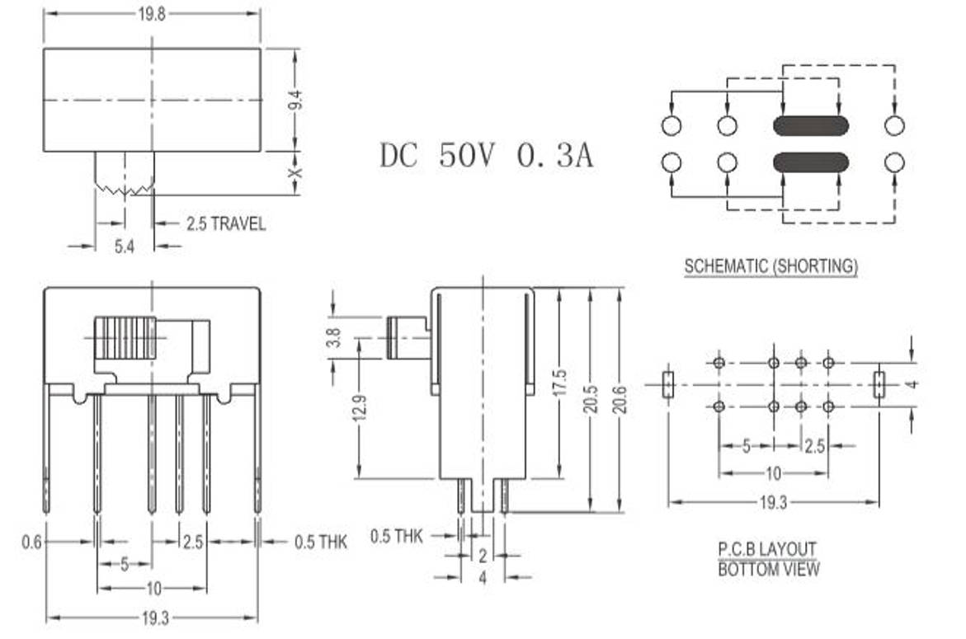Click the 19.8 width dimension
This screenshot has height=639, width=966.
(152, 13)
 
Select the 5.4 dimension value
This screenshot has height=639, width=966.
(125, 246)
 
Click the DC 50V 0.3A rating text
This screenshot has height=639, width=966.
(486, 155)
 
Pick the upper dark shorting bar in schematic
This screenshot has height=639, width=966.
(810, 125)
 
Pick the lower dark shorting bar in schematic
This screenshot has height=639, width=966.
(810, 162)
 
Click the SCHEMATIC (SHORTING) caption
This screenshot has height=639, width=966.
(770, 266)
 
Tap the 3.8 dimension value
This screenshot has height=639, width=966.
(333, 338)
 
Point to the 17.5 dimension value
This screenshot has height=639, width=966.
(560, 383)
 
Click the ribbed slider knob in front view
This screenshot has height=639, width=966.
(125, 337)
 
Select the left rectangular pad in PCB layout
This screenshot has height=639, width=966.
(668, 384)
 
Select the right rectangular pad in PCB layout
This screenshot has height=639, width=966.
(879, 384)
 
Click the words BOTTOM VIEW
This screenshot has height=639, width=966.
(768, 569)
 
